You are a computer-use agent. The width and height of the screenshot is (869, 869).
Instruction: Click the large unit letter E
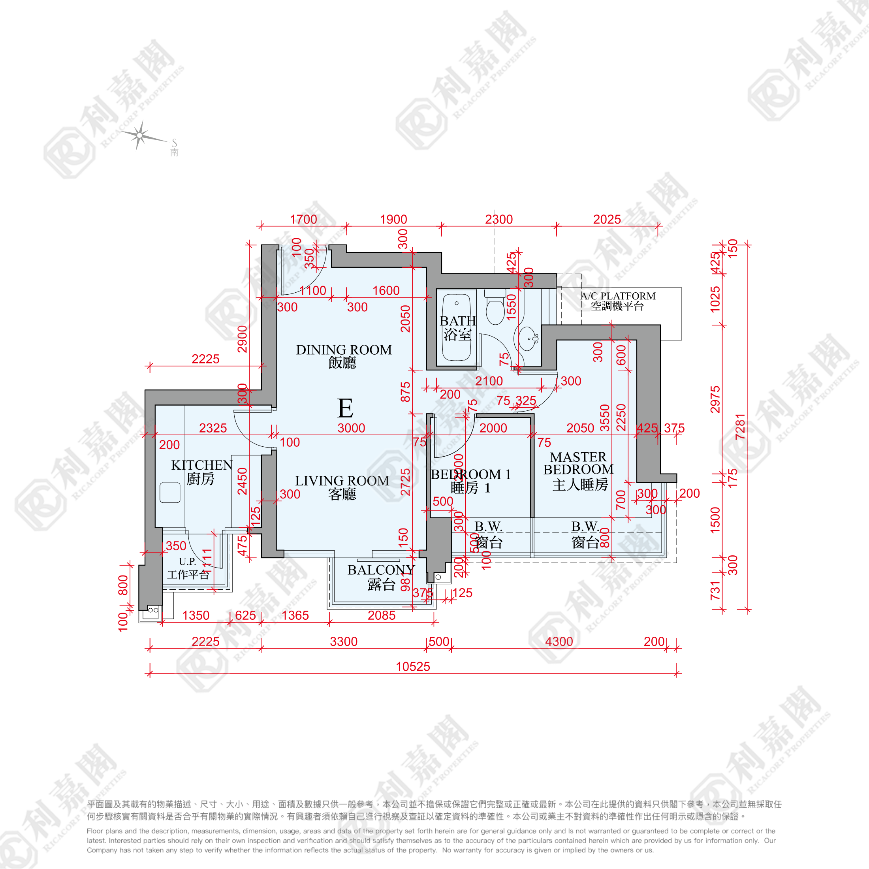click(x=345, y=408)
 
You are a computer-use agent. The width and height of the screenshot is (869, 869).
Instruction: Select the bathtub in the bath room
click(x=456, y=327)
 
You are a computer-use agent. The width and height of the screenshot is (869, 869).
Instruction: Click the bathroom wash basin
click(x=528, y=338)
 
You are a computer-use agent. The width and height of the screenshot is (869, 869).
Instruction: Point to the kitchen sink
click(x=170, y=493)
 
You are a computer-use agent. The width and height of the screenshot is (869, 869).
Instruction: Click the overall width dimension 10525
click(x=412, y=667)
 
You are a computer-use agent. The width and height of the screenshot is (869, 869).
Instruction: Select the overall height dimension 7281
click(x=740, y=427)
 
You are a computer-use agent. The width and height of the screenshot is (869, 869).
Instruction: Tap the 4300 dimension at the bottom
click(x=559, y=641)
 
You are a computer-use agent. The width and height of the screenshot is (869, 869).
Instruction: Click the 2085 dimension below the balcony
click(x=382, y=615)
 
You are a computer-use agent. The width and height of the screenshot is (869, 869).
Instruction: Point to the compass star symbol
click(x=140, y=135)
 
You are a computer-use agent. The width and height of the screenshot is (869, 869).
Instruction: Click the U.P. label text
click(x=188, y=561)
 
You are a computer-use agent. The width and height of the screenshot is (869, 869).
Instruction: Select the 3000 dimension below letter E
click(x=351, y=428)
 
